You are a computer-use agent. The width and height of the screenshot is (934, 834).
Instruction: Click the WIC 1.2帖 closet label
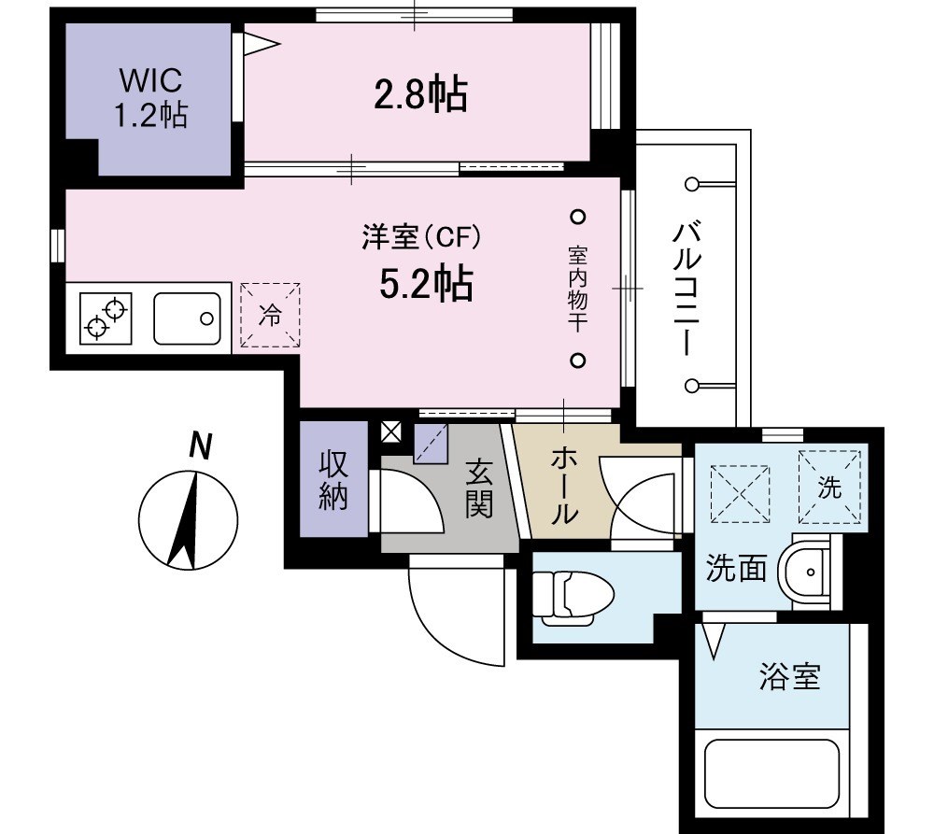pos(150,97)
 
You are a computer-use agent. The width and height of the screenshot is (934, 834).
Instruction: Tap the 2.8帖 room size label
pos(420,94)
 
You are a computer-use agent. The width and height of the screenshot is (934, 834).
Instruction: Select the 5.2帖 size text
pos(425,284)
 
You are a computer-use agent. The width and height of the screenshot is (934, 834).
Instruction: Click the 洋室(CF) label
pos(421,239)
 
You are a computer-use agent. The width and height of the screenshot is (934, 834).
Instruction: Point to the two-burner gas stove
pos(106,317)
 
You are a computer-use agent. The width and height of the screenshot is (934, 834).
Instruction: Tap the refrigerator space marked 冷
pos(269,316)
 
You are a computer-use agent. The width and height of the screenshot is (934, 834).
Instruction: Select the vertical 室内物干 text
pos(577,289)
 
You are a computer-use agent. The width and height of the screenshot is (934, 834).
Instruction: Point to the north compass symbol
pos(188,519)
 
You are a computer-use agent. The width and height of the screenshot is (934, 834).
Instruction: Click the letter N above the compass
pos(198,446)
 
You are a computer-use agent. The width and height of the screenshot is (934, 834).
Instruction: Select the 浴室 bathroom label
pos(789,677)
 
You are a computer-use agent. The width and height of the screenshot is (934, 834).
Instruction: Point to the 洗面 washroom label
pos(736,569)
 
